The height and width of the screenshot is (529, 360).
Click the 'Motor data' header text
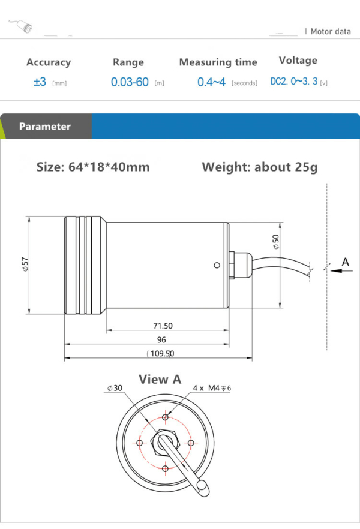tap(331, 31)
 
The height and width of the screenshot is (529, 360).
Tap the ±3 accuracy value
tap(40, 82)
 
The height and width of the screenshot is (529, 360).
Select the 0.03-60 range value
tap(130, 82)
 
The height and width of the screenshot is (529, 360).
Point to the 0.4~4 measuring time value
tap(211, 82)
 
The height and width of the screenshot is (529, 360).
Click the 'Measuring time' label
tap(218, 62)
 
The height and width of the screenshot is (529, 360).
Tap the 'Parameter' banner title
tap(44, 127)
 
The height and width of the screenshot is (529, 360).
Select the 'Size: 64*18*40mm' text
tap(93, 167)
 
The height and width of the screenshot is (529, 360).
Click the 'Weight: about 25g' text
tap(259, 167)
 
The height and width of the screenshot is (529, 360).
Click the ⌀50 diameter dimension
tap(276, 242)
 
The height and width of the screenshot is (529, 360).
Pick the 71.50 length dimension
tap(163, 326)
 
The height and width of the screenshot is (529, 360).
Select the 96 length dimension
tap(161, 339)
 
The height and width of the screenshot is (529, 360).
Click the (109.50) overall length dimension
tap(161, 354)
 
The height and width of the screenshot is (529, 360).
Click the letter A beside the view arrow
tap(345, 262)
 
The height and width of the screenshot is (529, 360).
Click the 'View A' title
tap(160, 379)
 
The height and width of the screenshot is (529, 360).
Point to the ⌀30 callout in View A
tap(115, 388)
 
